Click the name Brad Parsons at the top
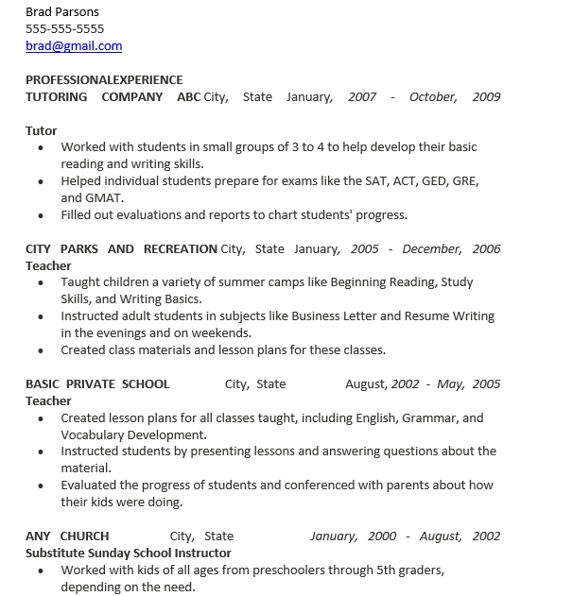coord(62,11)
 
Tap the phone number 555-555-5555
coord(65,28)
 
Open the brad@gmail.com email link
coord(74,45)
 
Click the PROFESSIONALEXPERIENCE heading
coord(104,79)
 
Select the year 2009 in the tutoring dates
coord(486,96)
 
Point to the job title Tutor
coord(42,130)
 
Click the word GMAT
coord(104,197)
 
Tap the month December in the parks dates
coord(432,248)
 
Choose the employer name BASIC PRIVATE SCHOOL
coord(97,383)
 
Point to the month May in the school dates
coord(450,383)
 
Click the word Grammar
coord(430,417)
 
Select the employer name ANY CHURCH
coord(67,536)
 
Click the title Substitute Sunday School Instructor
coord(129,553)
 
